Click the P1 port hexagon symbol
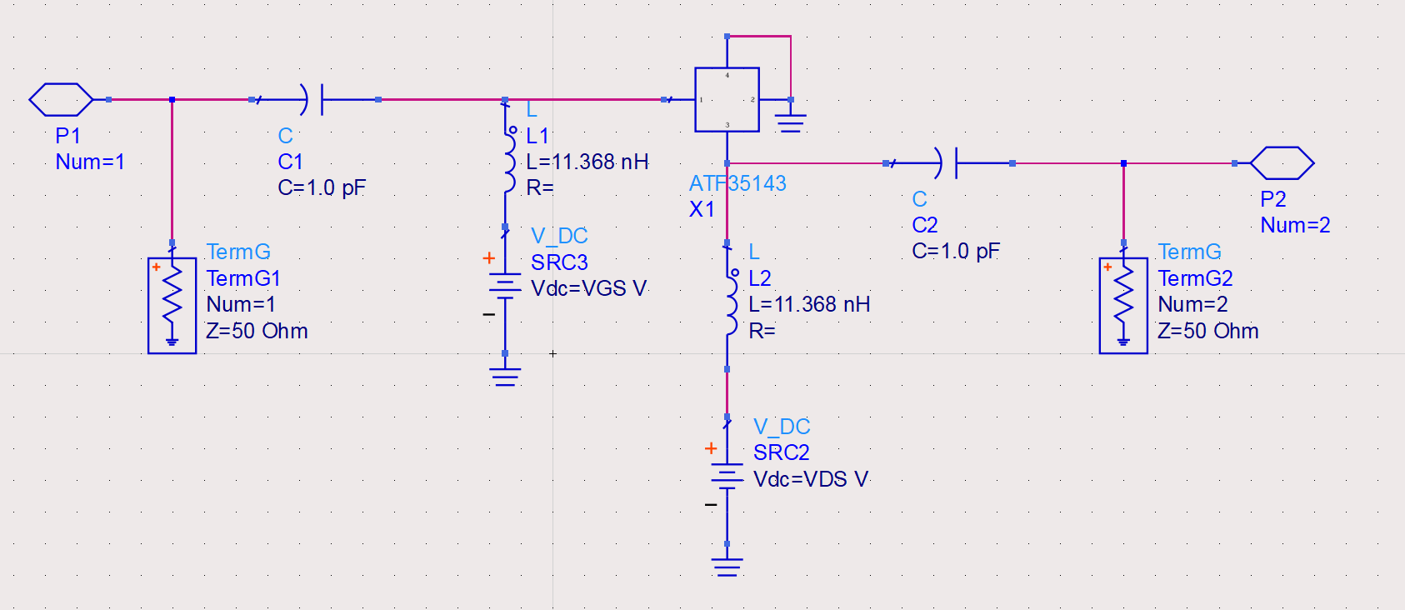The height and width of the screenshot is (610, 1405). point(61,99)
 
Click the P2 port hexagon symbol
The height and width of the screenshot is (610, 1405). point(1282,163)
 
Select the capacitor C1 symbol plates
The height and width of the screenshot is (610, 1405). point(314,99)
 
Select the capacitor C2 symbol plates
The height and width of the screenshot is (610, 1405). point(948,163)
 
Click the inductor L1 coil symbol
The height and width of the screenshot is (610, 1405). point(507,162)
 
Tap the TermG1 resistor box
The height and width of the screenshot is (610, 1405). point(172,306)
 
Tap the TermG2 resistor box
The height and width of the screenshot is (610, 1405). point(1123,306)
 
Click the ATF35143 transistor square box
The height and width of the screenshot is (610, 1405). point(727,99)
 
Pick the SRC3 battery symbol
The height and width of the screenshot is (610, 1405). point(505,286)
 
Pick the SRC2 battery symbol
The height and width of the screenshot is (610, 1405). point(727,477)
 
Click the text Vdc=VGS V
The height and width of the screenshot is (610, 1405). point(588,288)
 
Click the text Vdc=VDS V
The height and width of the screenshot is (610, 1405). point(810,479)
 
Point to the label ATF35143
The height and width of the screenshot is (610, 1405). point(737,183)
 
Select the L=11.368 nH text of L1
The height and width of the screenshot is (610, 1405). point(587,162)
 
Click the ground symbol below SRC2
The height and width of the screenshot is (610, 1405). point(727,567)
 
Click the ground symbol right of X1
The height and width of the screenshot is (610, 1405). point(791,122)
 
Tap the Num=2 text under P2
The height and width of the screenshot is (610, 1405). point(1295,225)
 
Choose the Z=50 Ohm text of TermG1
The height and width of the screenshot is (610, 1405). point(257,331)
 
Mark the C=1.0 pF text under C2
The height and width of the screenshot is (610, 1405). point(955,251)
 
